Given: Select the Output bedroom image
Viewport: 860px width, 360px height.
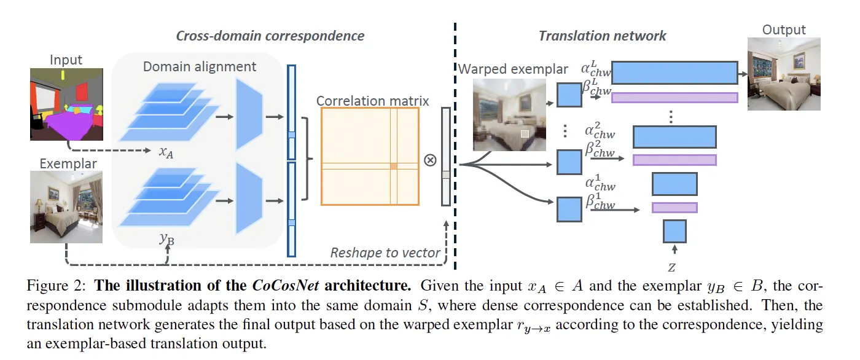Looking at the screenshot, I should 784,73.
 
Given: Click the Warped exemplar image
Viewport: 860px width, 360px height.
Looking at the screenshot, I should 509,115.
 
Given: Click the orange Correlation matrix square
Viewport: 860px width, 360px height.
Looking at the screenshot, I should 370,156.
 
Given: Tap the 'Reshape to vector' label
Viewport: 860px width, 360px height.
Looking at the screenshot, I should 385,252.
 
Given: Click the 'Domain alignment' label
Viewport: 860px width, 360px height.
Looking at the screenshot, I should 200,66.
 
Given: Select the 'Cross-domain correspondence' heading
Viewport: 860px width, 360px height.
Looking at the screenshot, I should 270,35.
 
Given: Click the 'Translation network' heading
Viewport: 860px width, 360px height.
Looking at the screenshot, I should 602,35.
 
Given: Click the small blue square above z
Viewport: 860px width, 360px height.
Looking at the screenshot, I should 674,231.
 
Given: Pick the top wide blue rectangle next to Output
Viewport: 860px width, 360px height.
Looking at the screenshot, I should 674,72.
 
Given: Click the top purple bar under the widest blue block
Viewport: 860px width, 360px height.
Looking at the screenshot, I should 674,97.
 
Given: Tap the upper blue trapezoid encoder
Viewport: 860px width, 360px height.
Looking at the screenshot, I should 249,117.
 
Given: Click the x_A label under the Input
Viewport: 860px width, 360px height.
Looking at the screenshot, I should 166,152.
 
